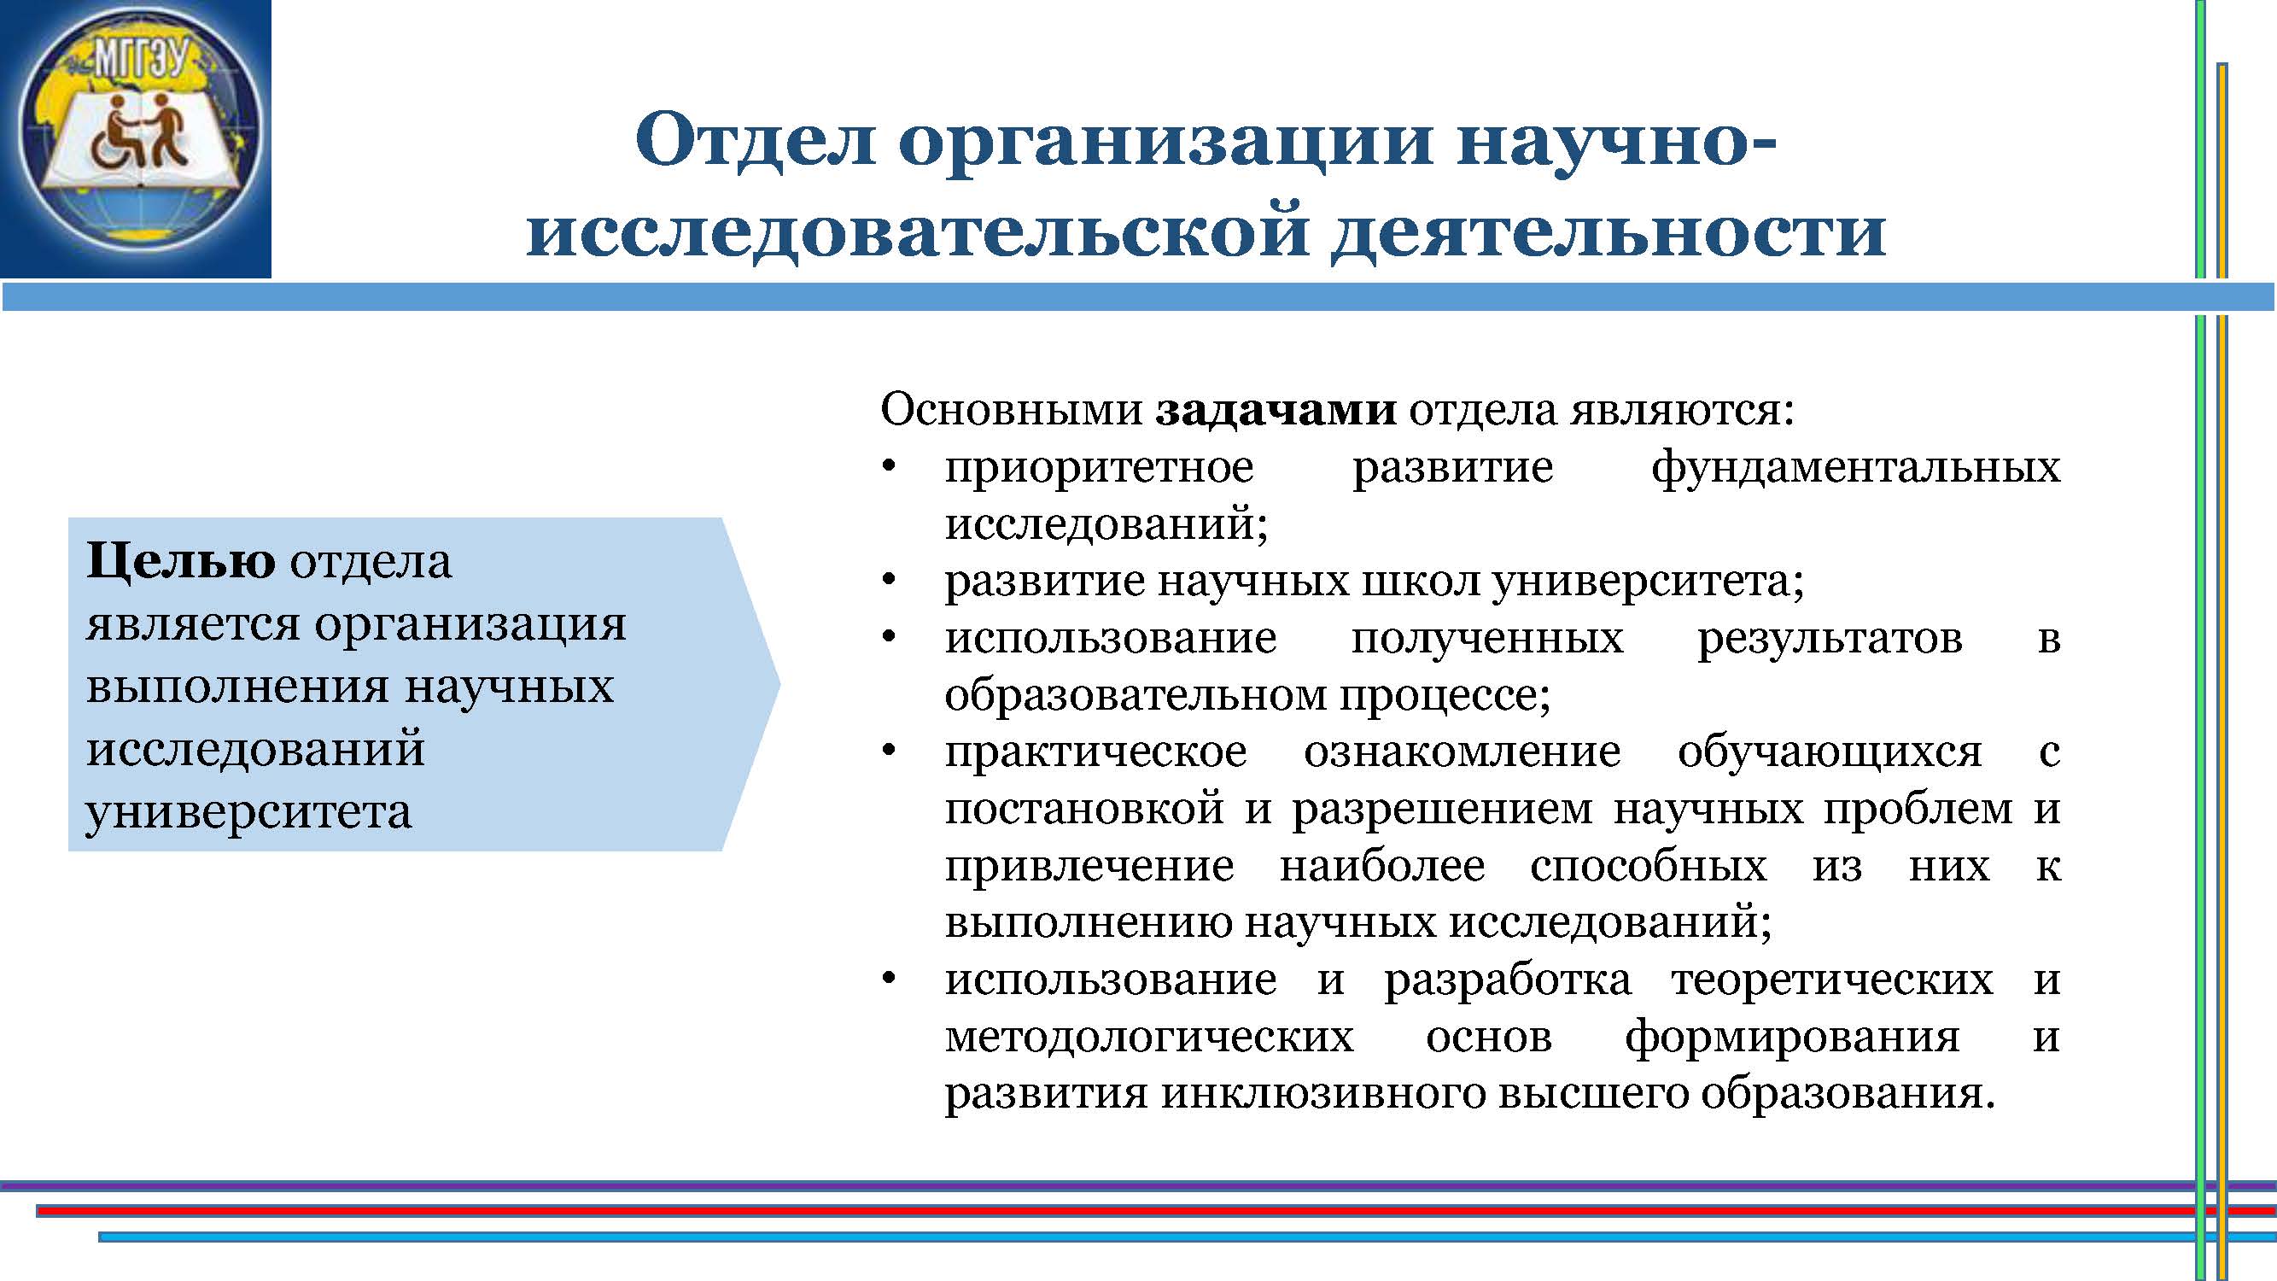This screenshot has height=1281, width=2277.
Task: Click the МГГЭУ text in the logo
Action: (x=142, y=61)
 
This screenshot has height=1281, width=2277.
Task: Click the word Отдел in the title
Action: (x=755, y=140)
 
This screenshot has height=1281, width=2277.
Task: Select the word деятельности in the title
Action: (x=1608, y=231)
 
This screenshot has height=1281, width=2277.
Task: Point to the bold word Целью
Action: (x=181, y=560)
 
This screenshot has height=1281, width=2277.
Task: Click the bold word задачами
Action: (x=1276, y=409)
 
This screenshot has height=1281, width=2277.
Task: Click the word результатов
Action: (x=1830, y=639)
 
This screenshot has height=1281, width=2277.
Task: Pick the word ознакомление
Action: (x=1463, y=752)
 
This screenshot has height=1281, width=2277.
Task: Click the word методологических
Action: (x=1149, y=1037)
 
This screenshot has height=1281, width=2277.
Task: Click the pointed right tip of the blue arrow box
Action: (x=780, y=682)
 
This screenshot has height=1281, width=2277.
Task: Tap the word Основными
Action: (x=1012, y=409)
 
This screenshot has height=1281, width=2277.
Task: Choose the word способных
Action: (x=1649, y=866)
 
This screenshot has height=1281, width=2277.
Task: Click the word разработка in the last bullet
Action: (x=1508, y=980)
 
